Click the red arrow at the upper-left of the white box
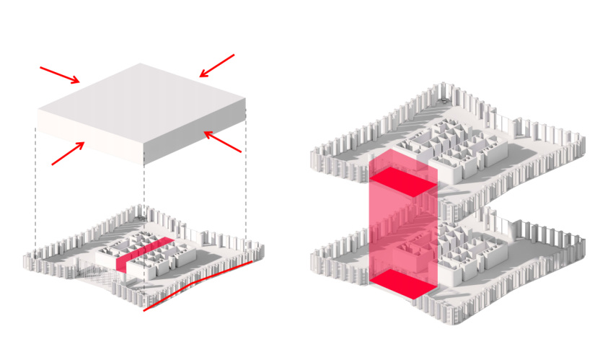tap(60, 74)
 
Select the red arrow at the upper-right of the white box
tap(217, 65)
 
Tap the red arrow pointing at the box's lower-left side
tap(69, 153)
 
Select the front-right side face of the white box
tap(195, 134)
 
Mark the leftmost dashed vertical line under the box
tap(36, 188)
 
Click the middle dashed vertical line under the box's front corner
tap(144, 195)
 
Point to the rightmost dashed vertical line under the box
tap(246, 180)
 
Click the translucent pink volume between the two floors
tap(400, 231)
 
